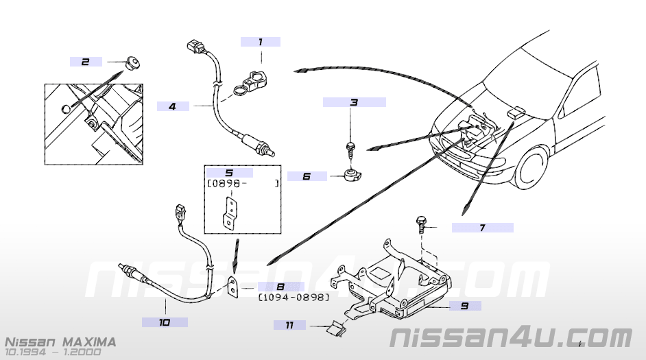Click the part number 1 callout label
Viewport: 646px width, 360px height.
(261, 42)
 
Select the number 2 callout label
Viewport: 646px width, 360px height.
(86, 62)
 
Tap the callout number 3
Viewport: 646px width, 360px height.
(354, 103)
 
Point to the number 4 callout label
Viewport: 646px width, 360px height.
(172, 106)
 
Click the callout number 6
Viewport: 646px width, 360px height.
(307, 176)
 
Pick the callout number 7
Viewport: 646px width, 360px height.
(482, 228)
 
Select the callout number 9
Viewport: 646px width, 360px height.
(464, 306)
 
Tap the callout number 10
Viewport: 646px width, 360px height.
(165, 321)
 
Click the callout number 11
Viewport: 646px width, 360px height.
(290, 325)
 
